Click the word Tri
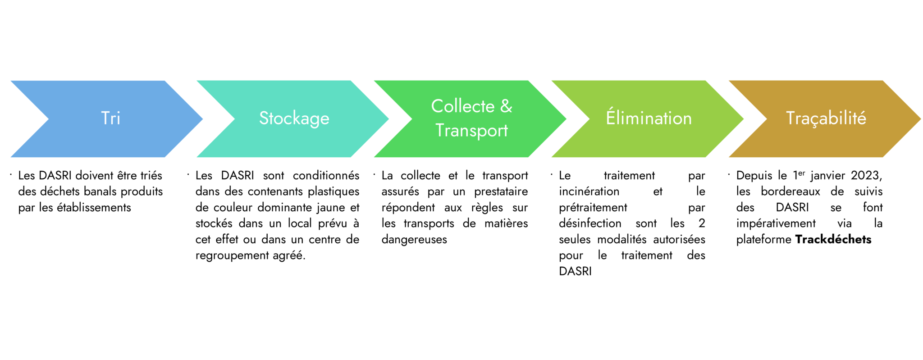click(111, 118)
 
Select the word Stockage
click(294, 118)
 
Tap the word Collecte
click(463, 107)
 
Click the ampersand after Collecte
click(506, 106)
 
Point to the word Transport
click(471, 131)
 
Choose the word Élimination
click(649, 118)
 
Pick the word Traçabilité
click(826, 118)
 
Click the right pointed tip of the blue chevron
click(204, 119)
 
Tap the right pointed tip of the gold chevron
click(921, 119)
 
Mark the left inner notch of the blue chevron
click(47, 119)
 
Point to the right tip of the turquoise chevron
click(389, 119)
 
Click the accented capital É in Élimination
click(611, 117)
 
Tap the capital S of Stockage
click(264, 118)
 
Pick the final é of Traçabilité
click(861, 118)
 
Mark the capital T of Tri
click(105, 118)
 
